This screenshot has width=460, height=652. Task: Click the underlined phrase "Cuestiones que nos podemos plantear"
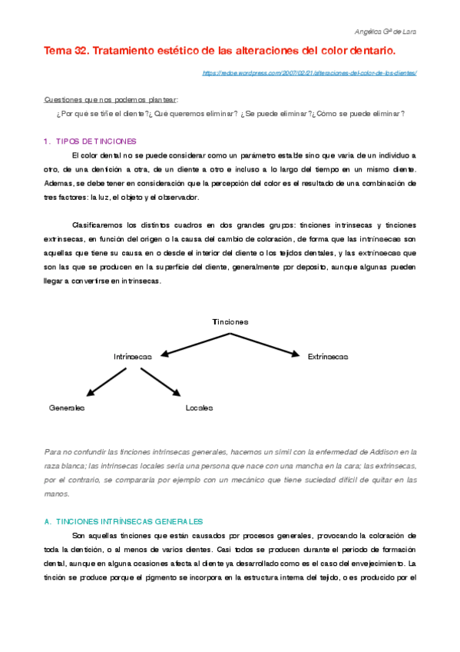111,99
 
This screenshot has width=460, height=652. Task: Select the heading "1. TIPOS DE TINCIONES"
91,141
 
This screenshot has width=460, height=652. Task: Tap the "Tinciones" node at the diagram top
230,321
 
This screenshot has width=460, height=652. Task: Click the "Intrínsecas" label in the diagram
133,356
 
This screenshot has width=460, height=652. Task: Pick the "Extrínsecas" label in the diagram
328,356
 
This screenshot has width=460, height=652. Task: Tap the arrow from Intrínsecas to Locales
161,381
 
